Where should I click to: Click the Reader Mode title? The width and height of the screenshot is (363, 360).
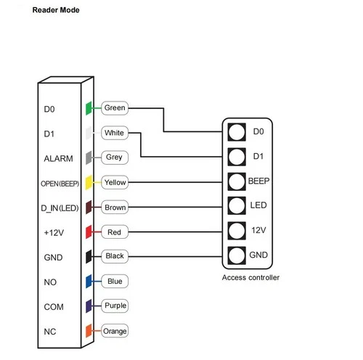(56, 11)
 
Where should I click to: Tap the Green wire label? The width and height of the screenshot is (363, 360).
(115, 108)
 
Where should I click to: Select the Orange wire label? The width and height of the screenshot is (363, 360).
(115, 331)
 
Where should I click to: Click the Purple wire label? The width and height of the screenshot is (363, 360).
(115, 306)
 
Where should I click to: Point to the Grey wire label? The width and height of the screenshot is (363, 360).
(113, 157)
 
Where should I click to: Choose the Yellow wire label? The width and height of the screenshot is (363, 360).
(115, 182)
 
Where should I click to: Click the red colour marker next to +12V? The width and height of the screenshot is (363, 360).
(88, 232)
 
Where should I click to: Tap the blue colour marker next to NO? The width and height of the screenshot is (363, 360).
(88, 281)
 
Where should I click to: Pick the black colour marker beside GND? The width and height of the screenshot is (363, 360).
(88, 256)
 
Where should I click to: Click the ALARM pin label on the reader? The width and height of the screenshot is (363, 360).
(56, 157)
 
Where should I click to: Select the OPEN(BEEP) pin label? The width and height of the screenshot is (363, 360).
(59, 183)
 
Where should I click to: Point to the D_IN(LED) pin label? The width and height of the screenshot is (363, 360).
(59, 208)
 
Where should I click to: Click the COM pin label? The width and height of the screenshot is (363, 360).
(54, 306)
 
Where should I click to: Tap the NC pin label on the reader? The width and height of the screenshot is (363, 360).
(50, 331)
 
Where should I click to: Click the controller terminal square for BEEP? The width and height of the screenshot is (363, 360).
(236, 181)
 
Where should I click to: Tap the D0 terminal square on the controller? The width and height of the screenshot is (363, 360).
(236, 131)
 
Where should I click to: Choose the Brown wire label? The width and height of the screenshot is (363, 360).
(115, 208)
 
